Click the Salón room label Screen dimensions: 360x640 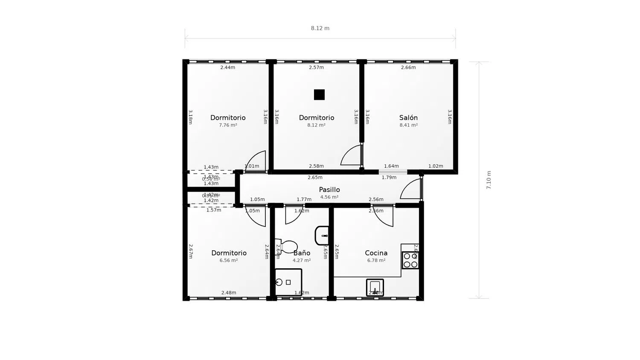[x=408, y=118]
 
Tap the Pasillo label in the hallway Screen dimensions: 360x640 [x=329, y=190]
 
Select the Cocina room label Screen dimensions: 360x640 [x=376, y=253]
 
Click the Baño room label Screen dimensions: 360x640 [x=302, y=253]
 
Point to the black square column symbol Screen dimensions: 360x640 [x=319, y=95]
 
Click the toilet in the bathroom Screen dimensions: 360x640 [x=287, y=247]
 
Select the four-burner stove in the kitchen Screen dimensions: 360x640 [x=410, y=260]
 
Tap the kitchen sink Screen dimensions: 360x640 [x=375, y=287]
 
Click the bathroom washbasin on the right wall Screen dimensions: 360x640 [x=322, y=235]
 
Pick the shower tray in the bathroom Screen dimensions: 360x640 [x=288, y=282]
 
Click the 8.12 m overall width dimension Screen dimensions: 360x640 [x=320, y=29]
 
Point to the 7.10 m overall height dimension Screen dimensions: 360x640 [x=489, y=180]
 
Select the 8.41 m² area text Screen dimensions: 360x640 [x=408, y=125]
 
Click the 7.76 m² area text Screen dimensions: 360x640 [x=228, y=125]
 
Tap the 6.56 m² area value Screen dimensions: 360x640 [x=229, y=261]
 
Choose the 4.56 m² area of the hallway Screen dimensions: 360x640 [x=329, y=197]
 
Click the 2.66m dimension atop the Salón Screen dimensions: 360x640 [x=408, y=67]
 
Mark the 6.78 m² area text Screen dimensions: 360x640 [x=376, y=261]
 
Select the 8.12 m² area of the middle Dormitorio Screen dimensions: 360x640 [x=316, y=125]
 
